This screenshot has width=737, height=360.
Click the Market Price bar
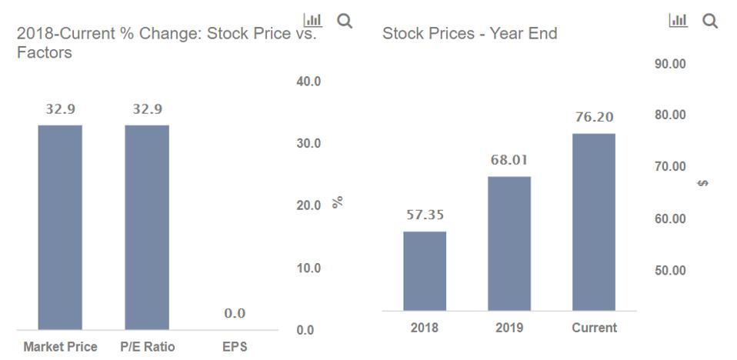pyautogui.click(x=60, y=227)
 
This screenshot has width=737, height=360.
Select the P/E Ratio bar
pyautogui.click(x=147, y=227)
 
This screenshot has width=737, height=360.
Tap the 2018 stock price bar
pyautogui.click(x=425, y=271)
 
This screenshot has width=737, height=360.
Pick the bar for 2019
pyautogui.click(x=509, y=243)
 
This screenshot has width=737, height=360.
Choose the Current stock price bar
pyautogui.click(x=594, y=222)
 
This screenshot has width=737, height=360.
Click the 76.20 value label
pyautogui.click(x=595, y=118)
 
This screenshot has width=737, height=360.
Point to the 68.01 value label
pyautogui.click(x=510, y=161)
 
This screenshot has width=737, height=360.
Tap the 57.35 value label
pyautogui.click(x=425, y=215)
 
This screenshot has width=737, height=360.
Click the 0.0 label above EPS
pyautogui.click(x=235, y=313)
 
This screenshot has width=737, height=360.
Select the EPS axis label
pyautogui.click(x=235, y=347)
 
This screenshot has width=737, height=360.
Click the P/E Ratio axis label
pyautogui.click(x=148, y=347)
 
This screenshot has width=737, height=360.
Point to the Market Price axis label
pyautogui.click(x=60, y=347)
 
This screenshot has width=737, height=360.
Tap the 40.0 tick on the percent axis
pyautogui.click(x=308, y=82)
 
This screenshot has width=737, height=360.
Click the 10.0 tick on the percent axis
pyautogui.click(x=308, y=268)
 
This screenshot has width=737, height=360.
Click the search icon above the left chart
pyautogui.click(x=345, y=21)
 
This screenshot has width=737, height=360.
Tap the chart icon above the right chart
pyautogui.click(x=679, y=21)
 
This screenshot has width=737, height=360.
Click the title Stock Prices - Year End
pyautogui.click(x=469, y=34)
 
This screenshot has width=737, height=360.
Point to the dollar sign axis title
pyautogui.click(x=703, y=184)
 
